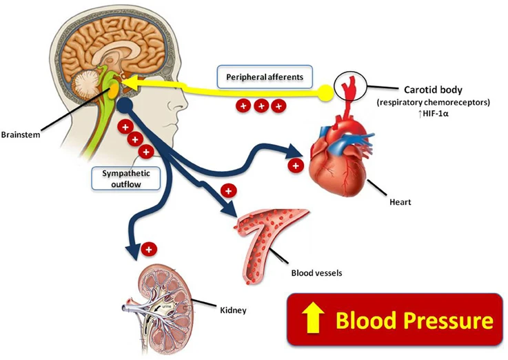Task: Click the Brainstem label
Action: [x=21, y=134]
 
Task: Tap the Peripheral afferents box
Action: [x=265, y=77]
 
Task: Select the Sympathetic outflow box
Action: [x=126, y=179]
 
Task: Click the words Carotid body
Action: [x=433, y=90]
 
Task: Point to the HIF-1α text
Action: [x=433, y=114]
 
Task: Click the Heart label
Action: [x=400, y=202]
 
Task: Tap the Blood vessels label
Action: [x=316, y=273]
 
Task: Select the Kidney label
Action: [x=233, y=310]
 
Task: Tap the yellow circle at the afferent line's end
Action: [x=325, y=93]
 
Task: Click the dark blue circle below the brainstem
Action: [x=125, y=106]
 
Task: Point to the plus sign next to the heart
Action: [x=296, y=166]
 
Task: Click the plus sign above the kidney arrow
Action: [x=149, y=250]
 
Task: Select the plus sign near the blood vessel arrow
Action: [x=228, y=191]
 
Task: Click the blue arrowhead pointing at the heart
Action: [x=294, y=150]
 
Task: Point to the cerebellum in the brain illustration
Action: [x=86, y=87]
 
